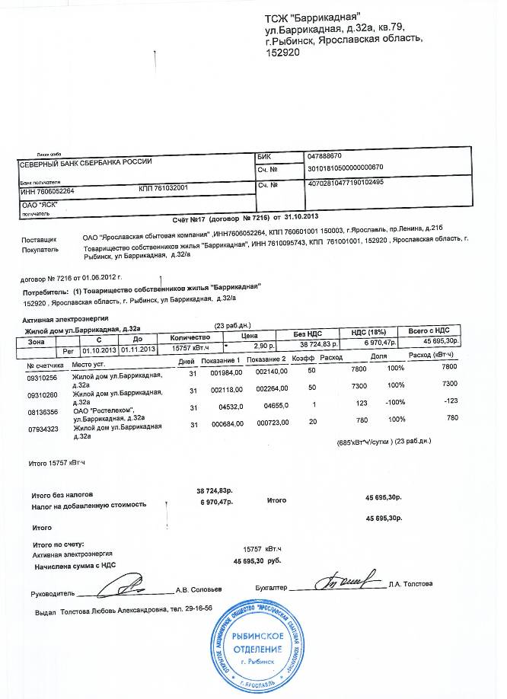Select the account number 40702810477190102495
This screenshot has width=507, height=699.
345,184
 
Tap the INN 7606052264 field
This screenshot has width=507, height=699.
46,190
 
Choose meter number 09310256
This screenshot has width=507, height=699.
43,378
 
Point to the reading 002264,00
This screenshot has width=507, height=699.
270,387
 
